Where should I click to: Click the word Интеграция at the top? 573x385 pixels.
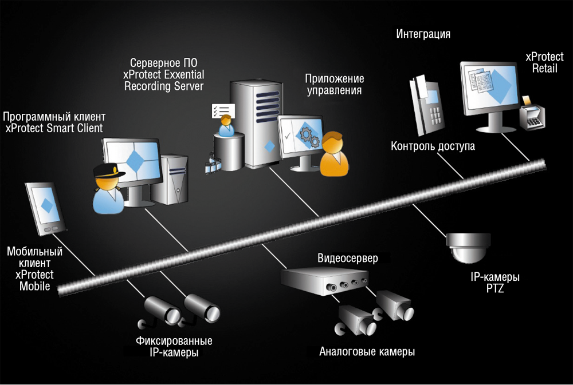tap(423, 34)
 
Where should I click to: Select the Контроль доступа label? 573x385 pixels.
tap(433, 146)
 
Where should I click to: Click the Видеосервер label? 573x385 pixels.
tap(348, 259)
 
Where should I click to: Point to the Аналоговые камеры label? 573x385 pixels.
tap(367, 351)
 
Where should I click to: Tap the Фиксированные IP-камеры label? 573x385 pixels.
tap(174, 347)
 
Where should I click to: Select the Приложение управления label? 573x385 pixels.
tap(334, 84)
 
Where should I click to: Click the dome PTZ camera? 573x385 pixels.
tap(469, 247)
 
